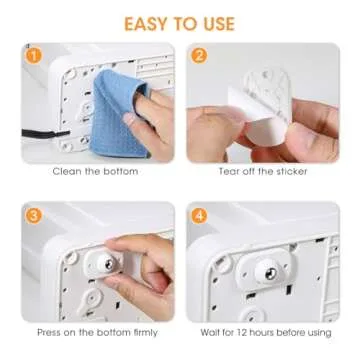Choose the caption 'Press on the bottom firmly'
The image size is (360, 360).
(x=95, y=332)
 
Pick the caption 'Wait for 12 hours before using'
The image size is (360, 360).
(x=266, y=332)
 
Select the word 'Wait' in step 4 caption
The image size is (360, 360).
(x=212, y=332)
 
